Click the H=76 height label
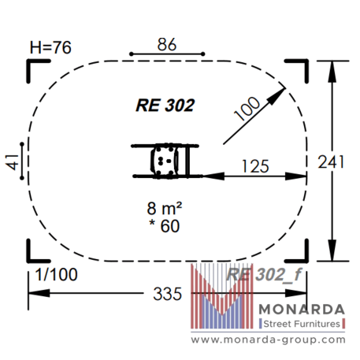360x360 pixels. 50,47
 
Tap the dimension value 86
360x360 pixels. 167,44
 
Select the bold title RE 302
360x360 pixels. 165,106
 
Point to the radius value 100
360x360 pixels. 247,109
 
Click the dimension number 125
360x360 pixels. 255,166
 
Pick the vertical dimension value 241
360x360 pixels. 331,161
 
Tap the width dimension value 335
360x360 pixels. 167,294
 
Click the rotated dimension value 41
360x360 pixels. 12,162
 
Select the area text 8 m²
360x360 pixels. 165,208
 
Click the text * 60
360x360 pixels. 165,226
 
